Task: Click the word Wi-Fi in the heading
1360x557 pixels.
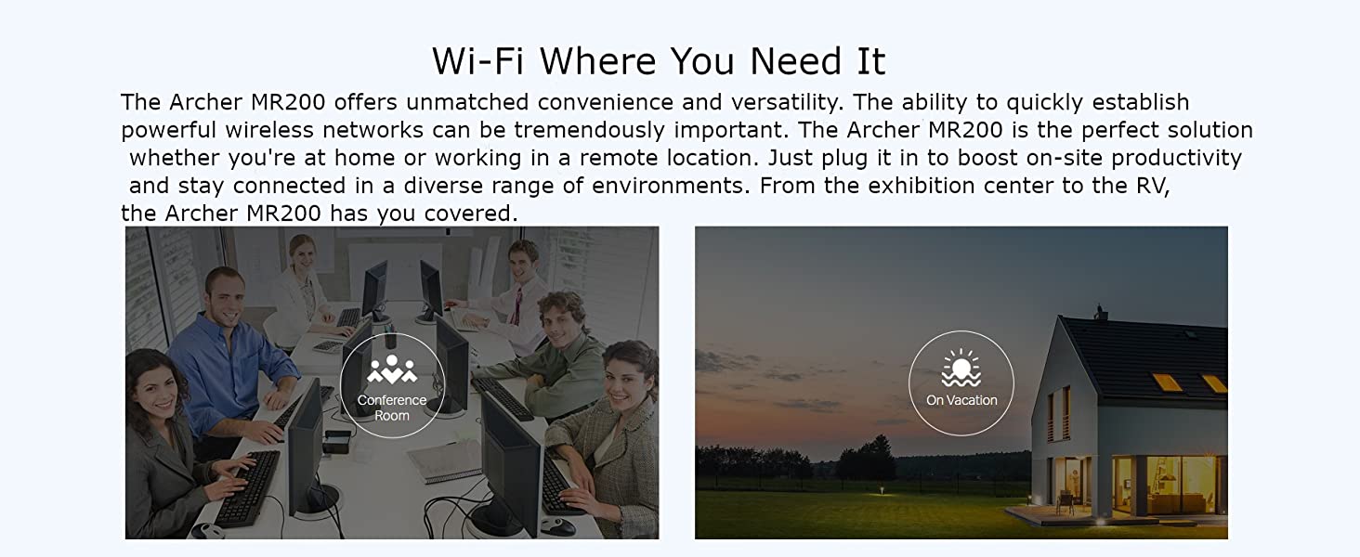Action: (477, 61)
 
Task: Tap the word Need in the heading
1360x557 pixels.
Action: (795, 61)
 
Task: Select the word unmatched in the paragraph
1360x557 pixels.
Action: (467, 102)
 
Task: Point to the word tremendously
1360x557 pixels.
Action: (589, 130)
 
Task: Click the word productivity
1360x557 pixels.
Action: (1177, 159)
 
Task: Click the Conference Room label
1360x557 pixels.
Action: (392, 408)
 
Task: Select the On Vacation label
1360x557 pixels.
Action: (961, 400)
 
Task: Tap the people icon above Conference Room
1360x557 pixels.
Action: (392, 369)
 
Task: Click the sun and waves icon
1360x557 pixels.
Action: (961, 368)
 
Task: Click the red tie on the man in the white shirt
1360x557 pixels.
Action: (517, 305)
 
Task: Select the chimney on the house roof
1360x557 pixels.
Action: (1100, 312)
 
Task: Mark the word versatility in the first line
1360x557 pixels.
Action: (788, 102)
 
